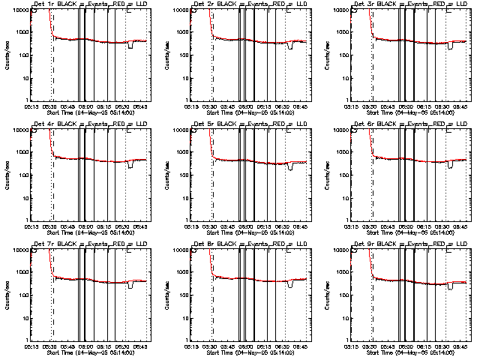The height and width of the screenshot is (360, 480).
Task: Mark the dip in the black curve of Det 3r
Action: click(451, 46)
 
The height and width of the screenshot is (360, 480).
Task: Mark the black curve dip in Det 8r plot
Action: click(291, 285)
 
